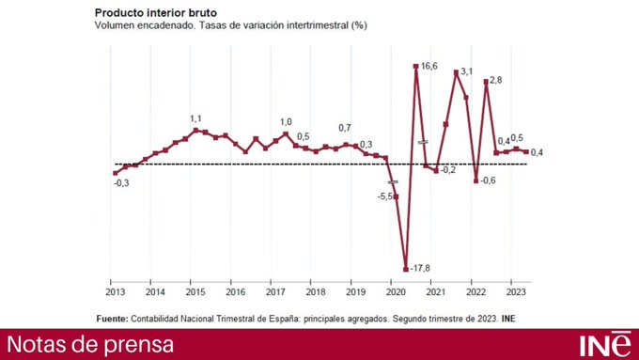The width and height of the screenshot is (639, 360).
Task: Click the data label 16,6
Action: (x=429, y=66)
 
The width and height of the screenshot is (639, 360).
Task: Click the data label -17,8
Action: (x=420, y=269)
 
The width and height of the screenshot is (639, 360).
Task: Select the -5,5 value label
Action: (x=386, y=196)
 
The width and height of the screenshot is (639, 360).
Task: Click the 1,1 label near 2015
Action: (x=195, y=118)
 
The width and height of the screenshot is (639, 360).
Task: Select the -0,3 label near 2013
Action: (x=121, y=183)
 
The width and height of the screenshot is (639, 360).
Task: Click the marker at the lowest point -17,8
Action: (x=406, y=268)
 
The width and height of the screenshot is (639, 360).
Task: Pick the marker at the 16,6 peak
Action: (x=415, y=66)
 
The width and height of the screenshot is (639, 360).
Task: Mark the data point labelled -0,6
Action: (x=476, y=180)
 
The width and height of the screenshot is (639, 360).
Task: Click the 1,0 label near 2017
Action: (x=286, y=122)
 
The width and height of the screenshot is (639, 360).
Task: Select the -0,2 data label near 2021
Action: (x=448, y=170)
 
